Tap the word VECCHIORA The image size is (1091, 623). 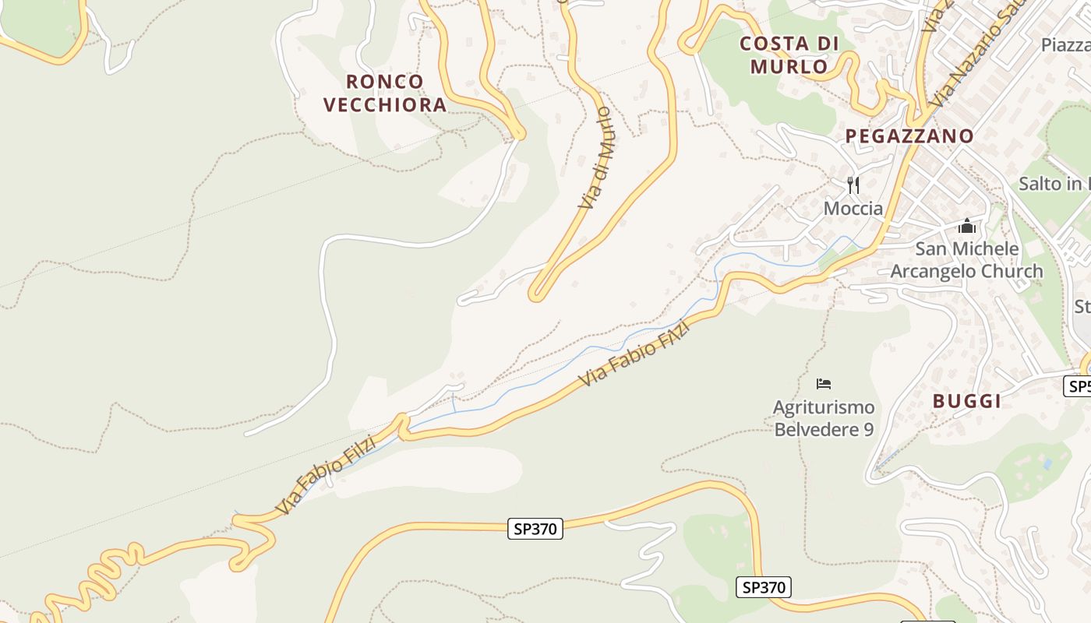pos(385,104)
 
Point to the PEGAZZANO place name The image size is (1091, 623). pos(909,136)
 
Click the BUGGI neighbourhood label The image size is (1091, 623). pos(966,401)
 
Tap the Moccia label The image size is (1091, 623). pos(853,209)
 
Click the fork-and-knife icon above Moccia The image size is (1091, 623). pos(853,185)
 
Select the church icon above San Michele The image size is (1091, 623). pos(966,226)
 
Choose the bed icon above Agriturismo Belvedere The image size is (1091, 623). pos(823,383)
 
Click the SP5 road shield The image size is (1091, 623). pos(1078,386)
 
